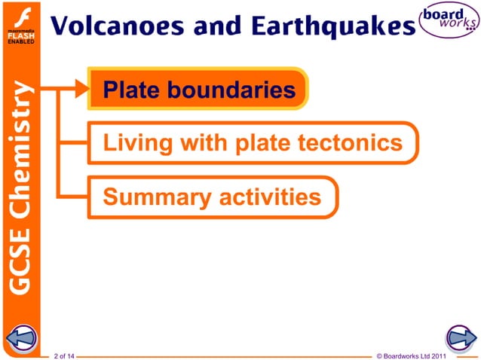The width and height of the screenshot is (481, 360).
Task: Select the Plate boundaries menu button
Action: coord(199,90)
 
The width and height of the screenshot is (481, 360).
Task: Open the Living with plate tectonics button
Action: coord(253,143)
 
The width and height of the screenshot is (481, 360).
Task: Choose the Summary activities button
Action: coord(212,197)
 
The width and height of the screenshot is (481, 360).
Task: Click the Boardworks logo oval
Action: coord(450,21)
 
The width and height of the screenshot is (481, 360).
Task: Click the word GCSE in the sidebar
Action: coord(22,261)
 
